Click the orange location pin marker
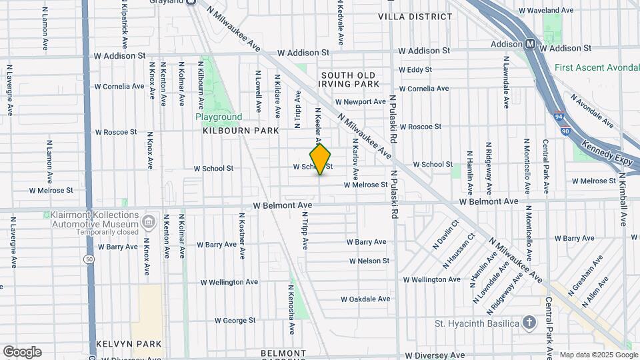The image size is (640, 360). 321,159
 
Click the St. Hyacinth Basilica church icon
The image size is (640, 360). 529,323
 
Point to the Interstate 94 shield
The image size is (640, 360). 560,116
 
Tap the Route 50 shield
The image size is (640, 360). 89,258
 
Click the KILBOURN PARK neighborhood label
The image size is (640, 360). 241,131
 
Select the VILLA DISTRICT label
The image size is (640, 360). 410,16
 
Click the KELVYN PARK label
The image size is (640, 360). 129,343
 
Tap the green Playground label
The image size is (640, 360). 219,117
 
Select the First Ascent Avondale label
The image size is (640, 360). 597,67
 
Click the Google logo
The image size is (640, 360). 22,351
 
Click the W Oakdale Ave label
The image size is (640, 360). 365,299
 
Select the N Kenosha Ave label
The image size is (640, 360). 291,309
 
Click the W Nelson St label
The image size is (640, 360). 367,261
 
